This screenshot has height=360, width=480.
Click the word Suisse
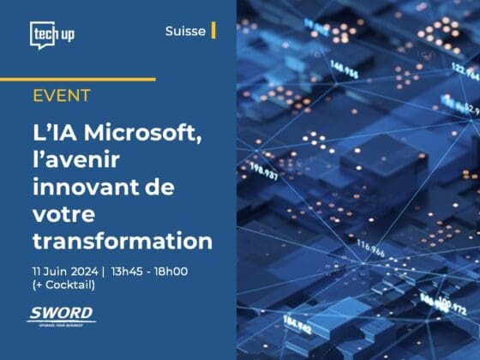[x=185, y=31]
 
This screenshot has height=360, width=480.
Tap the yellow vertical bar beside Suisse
[x=213, y=31]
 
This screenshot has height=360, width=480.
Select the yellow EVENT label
[x=62, y=95]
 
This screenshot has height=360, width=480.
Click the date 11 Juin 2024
[x=63, y=272]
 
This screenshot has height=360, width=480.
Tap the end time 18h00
[x=171, y=272]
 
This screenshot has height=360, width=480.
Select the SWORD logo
[x=61, y=315]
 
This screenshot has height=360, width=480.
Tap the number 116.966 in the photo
[x=371, y=246]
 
